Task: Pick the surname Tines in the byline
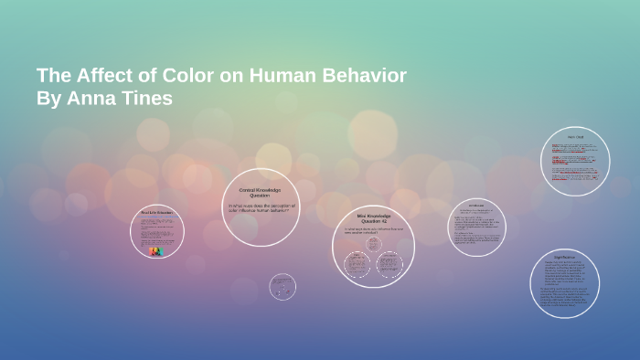[146, 99]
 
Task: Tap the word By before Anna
[48, 99]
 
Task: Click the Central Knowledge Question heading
[261, 192]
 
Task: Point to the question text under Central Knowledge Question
[261, 208]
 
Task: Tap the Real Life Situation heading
[156, 212]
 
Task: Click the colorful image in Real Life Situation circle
[155, 250]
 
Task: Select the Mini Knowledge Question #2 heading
[373, 218]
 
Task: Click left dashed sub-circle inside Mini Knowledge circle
[357, 265]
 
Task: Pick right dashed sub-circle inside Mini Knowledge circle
[390, 265]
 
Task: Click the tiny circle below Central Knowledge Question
[283, 287]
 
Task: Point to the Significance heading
[564, 259]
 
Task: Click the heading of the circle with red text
[575, 138]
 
